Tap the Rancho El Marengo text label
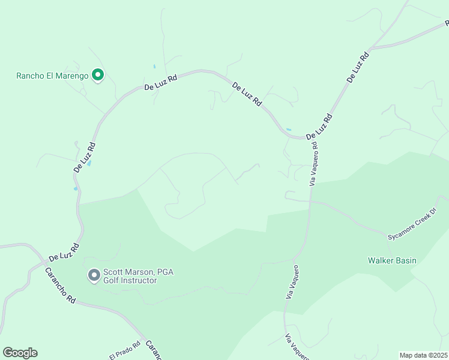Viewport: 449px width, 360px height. coord(52,76)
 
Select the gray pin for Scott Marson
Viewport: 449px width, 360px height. coord(94,275)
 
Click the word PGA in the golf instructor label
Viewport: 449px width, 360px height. coord(165,272)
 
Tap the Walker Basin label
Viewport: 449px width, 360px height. coord(391,260)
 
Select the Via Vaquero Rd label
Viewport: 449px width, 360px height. coord(313,163)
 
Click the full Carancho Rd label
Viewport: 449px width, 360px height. coord(60,284)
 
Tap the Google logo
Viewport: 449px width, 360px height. coord(20,353)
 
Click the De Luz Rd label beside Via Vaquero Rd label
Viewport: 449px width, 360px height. coord(319,128)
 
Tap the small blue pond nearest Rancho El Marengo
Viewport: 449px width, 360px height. coord(154,66)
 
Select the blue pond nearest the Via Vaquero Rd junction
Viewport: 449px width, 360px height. coord(289,129)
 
